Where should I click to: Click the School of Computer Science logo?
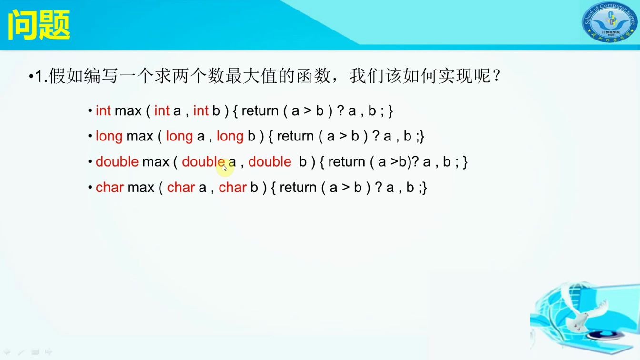tap(609, 22)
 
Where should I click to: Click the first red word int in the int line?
tap(103, 111)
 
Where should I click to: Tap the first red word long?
tap(109, 137)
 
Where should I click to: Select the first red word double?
tap(117, 162)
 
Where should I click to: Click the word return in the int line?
tap(260, 111)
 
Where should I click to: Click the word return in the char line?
tap(298, 188)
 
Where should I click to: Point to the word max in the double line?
tap(155, 162)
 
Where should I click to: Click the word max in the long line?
tap(140, 137)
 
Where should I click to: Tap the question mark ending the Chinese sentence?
tap(497, 76)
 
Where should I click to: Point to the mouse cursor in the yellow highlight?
tap(225, 167)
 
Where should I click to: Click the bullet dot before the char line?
tap(90, 188)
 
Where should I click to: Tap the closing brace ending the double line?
tap(465, 162)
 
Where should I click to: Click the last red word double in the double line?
tap(270, 162)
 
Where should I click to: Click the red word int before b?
tap(200, 111)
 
